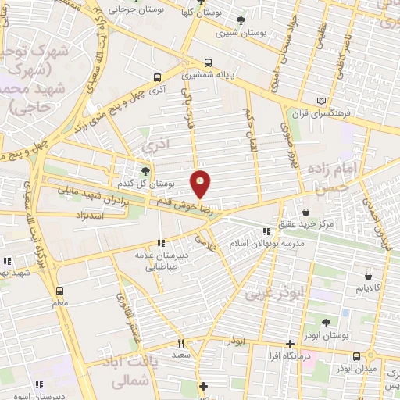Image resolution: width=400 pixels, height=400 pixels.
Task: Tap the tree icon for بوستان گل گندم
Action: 145,171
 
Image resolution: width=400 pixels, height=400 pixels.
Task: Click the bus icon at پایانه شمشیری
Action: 208,62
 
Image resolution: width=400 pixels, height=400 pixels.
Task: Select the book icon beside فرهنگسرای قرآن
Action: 323,101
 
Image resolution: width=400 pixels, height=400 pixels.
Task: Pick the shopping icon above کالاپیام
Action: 368,275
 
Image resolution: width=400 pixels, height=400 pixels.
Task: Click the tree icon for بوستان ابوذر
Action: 326,322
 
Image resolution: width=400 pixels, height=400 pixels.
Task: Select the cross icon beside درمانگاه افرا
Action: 291,344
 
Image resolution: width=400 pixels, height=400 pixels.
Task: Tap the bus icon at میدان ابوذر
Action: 356,356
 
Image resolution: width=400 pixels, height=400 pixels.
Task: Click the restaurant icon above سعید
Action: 180,343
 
